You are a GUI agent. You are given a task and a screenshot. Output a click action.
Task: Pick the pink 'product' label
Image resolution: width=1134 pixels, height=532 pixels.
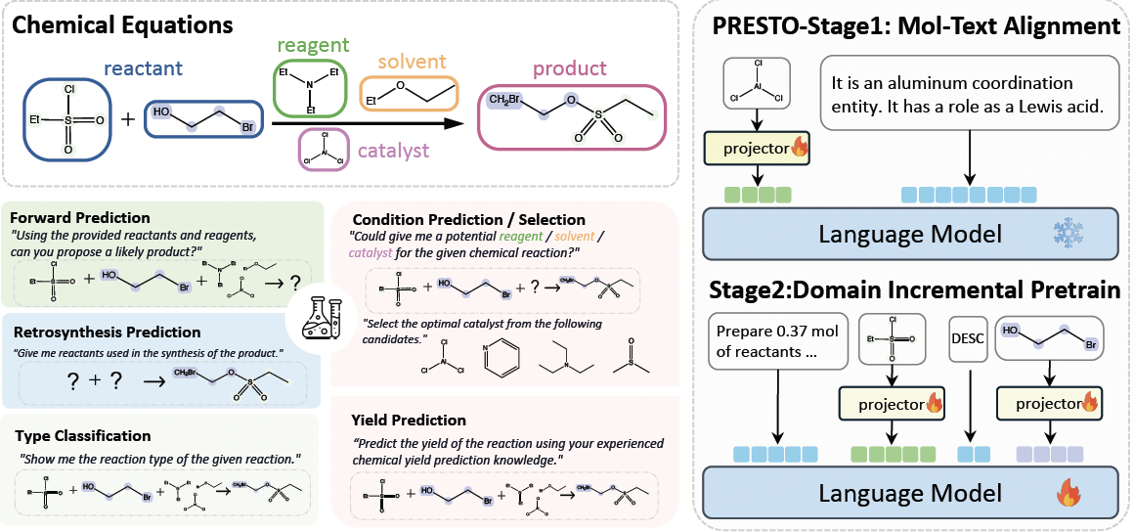point(569,69)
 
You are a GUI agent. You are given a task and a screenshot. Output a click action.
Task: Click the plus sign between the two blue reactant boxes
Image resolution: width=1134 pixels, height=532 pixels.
point(126,120)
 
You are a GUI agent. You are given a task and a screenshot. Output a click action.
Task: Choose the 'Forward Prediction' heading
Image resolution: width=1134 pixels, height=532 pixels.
point(79,217)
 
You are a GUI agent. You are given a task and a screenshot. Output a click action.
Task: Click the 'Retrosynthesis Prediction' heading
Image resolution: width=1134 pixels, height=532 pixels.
point(103,332)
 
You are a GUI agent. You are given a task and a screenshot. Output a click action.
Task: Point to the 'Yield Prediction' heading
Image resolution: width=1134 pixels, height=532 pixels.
point(409,421)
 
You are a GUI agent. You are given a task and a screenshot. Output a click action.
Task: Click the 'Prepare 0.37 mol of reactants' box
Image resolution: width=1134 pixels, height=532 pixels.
point(779,340)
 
